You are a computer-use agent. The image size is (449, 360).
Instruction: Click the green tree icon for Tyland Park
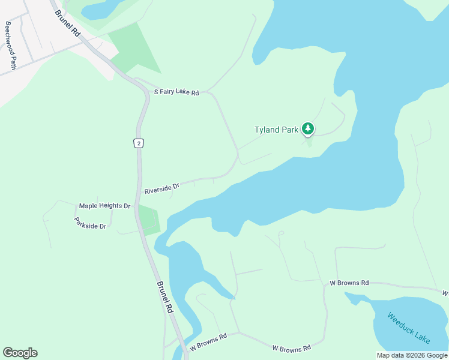click(308, 128)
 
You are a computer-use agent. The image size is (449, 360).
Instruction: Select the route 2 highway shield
click(139, 143)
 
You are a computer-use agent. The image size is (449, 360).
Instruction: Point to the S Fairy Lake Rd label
click(176, 92)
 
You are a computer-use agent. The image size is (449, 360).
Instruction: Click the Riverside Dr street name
click(162, 189)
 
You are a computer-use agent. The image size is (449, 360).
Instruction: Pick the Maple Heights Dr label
click(104, 206)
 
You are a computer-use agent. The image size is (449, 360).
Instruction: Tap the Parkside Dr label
click(90, 223)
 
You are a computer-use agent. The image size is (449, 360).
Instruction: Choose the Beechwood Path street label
click(10, 46)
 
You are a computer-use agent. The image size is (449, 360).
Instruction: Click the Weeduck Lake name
click(409, 328)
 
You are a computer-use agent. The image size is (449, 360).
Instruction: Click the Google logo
click(20, 353)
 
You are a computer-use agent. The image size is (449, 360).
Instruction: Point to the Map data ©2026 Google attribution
click(412, 355)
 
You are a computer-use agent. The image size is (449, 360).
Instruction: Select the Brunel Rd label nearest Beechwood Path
click(67, 24)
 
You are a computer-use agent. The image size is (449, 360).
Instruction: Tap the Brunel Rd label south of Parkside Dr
click(164, 298)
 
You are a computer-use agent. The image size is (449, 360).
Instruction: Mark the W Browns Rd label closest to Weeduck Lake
click(349, 283)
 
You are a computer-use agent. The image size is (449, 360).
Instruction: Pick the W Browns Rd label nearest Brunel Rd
click(208, 342)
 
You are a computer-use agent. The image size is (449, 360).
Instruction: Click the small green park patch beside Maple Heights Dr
click(149, 220)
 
